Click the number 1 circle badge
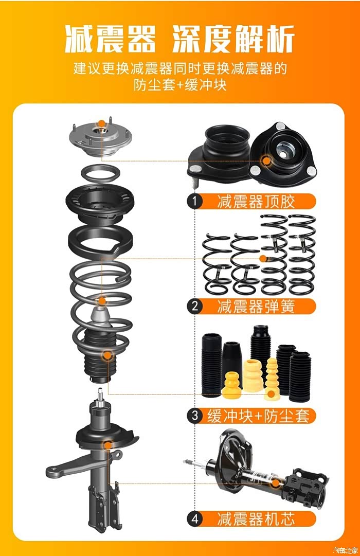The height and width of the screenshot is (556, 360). [194, 202]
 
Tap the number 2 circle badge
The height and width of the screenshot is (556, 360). [194, 306]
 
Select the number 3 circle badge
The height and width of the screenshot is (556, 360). [194, 415]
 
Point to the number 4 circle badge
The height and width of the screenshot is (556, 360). [194, 519]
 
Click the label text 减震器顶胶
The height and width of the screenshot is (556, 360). [256, 202]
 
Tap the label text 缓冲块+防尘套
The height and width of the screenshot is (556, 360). [258, 416]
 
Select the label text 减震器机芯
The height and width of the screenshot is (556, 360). [256, 519]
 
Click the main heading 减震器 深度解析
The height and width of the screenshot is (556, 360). [180, 39]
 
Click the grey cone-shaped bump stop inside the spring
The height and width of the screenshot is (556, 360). [101, 318]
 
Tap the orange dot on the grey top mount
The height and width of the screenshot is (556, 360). [101, 123]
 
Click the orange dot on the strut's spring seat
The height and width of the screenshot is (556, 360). [107, 445]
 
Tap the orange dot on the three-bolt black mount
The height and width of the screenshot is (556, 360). [266, 160]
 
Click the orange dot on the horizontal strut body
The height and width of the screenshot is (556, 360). [276, 482]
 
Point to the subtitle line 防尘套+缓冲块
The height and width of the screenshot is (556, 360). [180, 85]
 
